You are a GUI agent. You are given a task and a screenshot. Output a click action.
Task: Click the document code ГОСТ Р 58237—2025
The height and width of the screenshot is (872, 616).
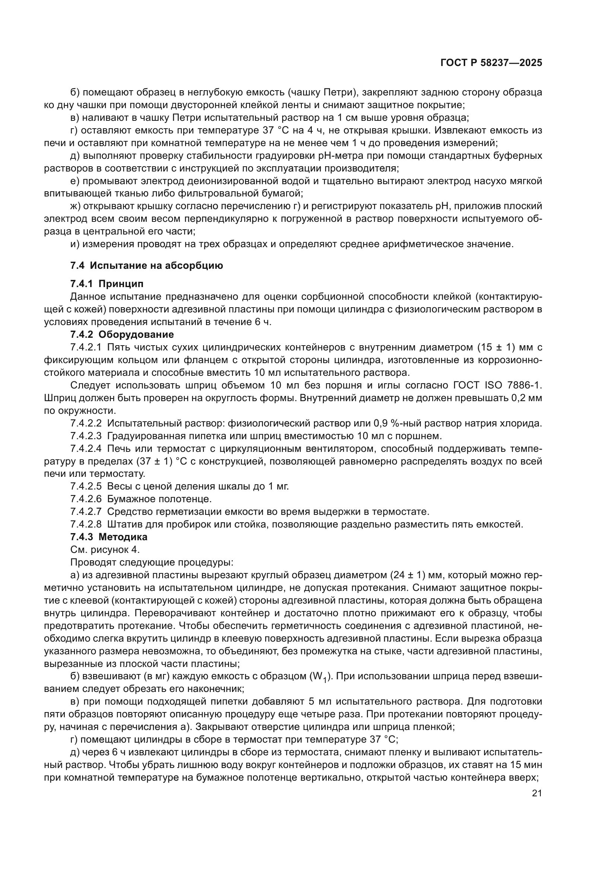pos(491,63)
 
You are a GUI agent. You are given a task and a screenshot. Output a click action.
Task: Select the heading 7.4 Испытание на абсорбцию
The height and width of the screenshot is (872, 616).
pos(146,265)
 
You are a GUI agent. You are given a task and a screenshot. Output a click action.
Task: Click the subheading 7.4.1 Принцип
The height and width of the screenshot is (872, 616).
pos(107,284)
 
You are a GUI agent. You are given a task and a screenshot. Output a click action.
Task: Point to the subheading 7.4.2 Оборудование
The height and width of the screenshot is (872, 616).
pos(122,334)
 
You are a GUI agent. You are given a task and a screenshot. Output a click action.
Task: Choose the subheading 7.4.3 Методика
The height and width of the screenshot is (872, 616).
pos(109,537)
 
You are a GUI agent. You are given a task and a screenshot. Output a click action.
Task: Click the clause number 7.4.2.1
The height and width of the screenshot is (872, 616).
pos(86,347)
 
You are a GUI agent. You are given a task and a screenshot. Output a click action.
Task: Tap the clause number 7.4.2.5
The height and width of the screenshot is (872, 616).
pos(86,487)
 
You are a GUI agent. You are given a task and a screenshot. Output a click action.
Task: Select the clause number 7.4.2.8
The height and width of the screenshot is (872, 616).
pos(86,525)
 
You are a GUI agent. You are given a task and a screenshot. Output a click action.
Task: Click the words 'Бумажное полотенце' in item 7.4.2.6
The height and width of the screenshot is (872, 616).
pos(159,499)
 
